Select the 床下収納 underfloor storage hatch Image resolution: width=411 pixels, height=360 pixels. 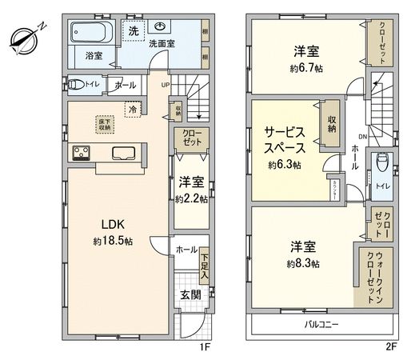[x=105, y=125]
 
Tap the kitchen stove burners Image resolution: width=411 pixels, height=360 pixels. [x=82, y=152]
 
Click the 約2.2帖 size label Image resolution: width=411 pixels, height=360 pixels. [x=190, y=199]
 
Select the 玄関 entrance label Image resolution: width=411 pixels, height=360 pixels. [x=190, y=294]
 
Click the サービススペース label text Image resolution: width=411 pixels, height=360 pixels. [x=284, y=142]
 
